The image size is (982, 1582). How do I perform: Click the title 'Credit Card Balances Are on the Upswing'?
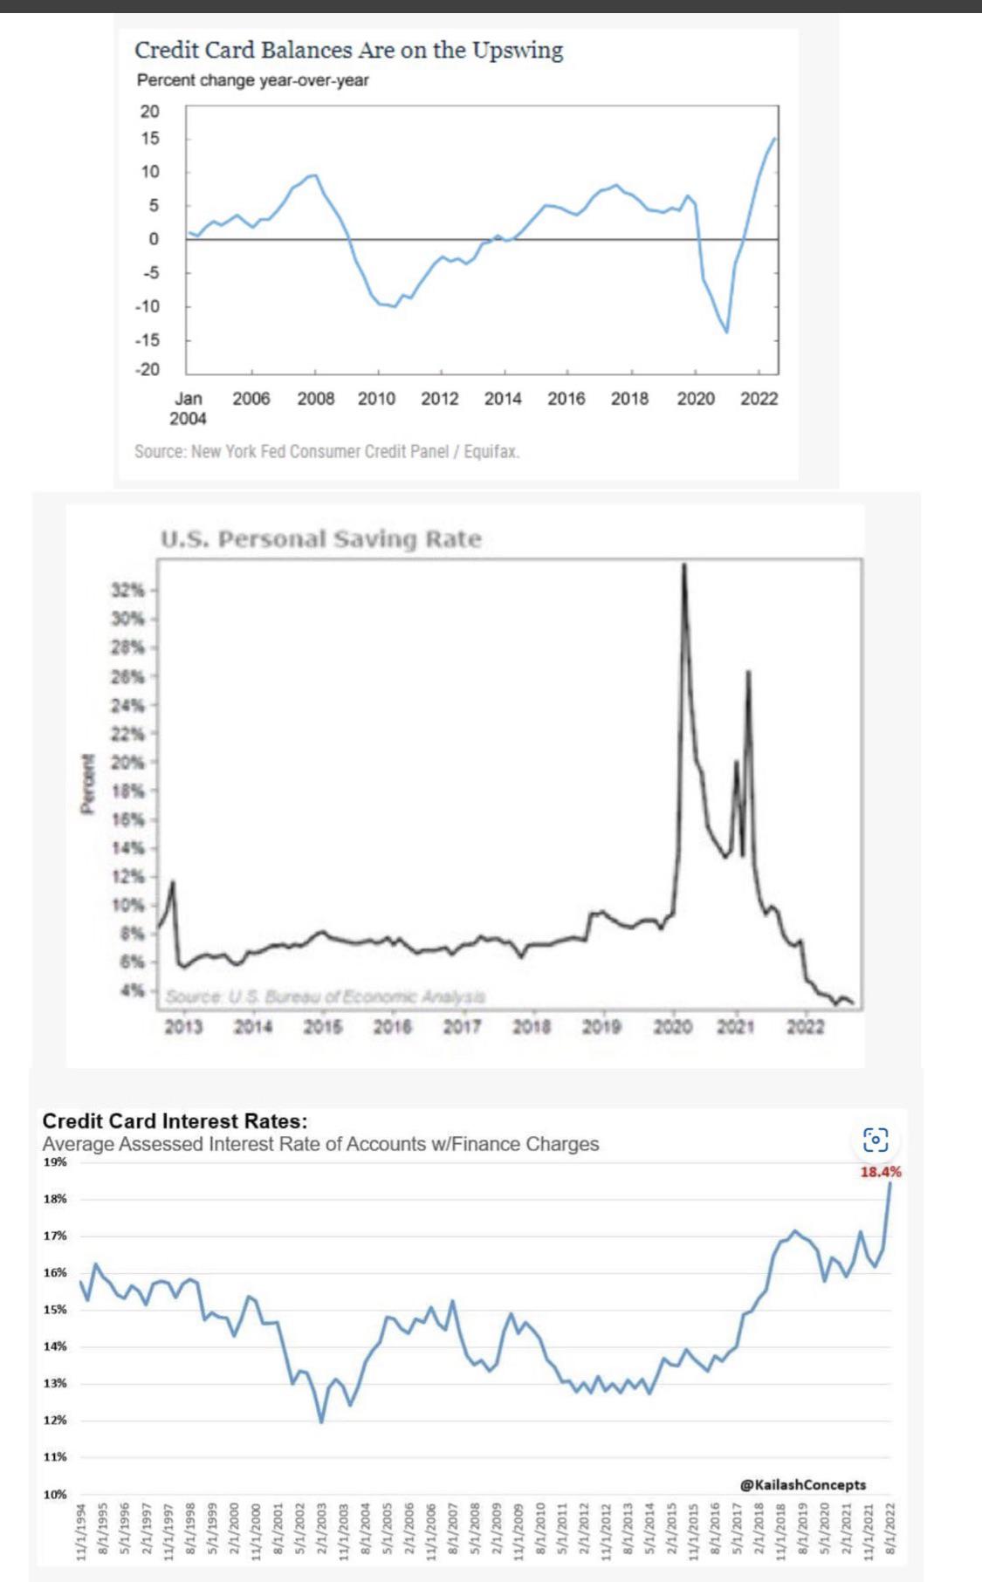(348, 51)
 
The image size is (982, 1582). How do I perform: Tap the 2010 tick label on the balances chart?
(376, 399)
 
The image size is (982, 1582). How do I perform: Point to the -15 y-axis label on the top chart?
(148, 339)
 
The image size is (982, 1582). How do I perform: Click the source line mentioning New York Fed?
(326, 452)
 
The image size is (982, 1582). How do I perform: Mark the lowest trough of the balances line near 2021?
(726, 332)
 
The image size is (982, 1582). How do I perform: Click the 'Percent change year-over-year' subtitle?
(252, 80)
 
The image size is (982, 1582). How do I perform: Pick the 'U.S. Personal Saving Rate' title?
(320, 539)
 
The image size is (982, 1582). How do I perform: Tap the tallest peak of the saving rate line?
(683, 565)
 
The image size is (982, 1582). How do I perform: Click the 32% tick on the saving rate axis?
(127, 590)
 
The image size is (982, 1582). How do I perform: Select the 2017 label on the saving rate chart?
(462, 1027)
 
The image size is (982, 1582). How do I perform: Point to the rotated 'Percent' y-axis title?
(87, 784)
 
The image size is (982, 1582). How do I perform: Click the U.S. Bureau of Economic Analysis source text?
(326, 996)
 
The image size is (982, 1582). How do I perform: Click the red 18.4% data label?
(880, 1172)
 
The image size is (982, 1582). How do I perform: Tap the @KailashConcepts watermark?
(803, 1484)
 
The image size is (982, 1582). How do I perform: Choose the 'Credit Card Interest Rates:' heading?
(175, 1121)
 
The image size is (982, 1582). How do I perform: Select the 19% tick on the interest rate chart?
(55, 1162)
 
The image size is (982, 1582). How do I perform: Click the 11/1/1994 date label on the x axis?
(81, 1531)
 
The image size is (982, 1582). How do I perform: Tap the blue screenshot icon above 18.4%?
(876, 1140)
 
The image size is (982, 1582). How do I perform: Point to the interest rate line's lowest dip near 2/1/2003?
(321, 1421)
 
